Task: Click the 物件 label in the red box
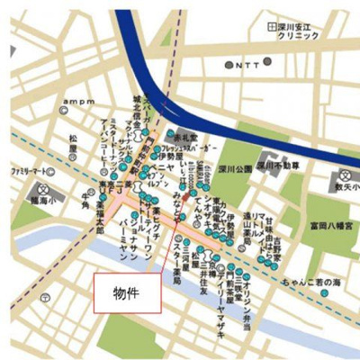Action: pyautogui.click(x=126, y=293)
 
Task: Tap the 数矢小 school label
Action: pyautogui.click(x=347, y=187)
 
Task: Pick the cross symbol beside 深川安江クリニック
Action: pyautogui.click(x=273, y=27)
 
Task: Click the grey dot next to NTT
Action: pyautogui.click(x=229, y=66)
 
